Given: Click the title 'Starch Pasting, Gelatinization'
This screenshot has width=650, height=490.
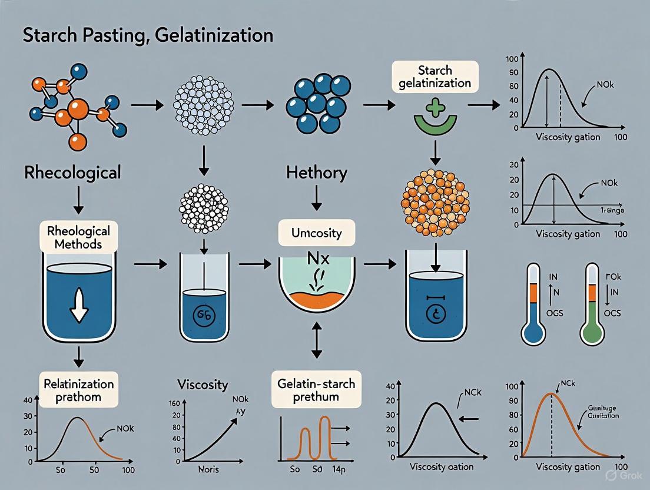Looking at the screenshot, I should point(148,35).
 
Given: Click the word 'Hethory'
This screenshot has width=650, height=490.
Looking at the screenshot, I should point(317,173).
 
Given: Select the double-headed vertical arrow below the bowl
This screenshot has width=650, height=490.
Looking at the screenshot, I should point(317,341).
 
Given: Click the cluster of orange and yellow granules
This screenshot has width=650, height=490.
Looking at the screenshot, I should point(435,200).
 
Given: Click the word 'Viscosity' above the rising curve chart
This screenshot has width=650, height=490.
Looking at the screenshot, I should point(202,385).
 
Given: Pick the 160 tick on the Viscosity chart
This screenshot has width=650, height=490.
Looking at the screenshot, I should point(173,403).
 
